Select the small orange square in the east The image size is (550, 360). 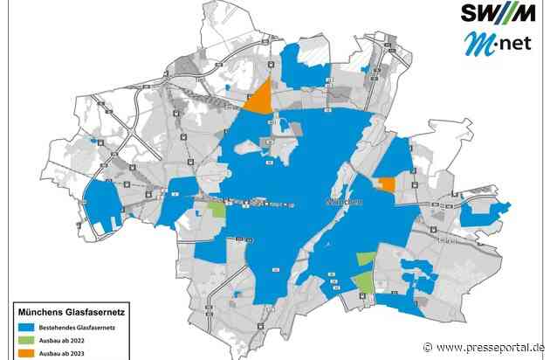coord(385,183)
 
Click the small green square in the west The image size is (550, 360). coord(216,209)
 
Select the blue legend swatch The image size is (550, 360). coord(24,326)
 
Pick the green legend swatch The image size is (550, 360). coord(24,340)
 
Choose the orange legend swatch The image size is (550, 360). coord(24,354)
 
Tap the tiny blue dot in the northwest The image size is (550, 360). coord(227,87)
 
